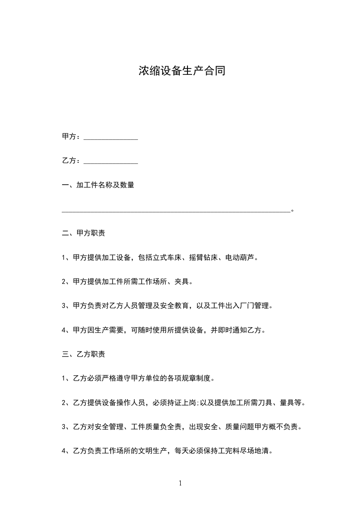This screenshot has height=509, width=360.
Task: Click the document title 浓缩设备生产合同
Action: coord(182,71)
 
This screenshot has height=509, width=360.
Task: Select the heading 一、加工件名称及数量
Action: coord(98,185)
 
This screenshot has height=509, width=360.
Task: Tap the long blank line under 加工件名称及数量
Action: coord(176,210)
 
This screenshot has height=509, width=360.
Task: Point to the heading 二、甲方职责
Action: coord(84,234)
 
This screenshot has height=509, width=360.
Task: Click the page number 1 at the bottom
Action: coord(180,483)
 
